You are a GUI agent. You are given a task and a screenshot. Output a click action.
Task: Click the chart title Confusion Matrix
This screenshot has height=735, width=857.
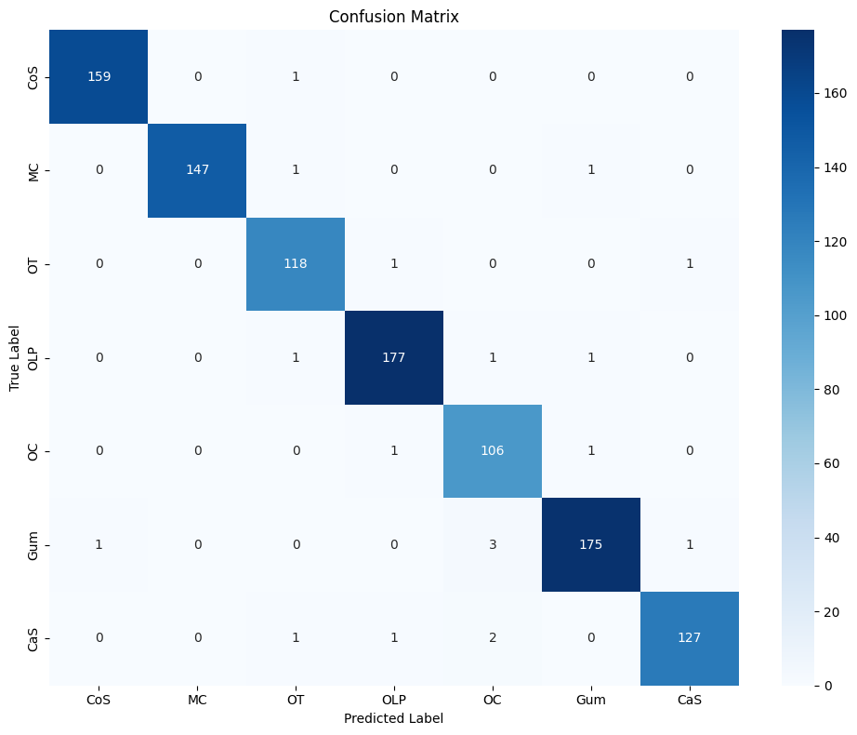click(394, 17)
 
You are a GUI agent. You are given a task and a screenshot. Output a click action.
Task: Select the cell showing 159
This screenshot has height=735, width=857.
click(99, 76)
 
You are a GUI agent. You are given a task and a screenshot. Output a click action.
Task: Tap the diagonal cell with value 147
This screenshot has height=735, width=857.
click(197, 170)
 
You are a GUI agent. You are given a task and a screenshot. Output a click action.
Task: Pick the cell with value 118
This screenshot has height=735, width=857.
click(296, 263)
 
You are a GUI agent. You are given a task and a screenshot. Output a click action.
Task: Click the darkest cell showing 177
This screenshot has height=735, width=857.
click(394, 357)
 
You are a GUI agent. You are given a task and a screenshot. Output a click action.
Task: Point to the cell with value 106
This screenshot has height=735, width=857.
click(493, 450)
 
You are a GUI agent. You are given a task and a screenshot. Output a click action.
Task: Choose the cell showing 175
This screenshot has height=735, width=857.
click(591, 544)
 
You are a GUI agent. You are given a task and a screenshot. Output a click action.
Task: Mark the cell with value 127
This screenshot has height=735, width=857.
click(690, 638)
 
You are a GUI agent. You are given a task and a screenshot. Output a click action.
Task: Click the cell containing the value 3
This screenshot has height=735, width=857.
click(493, 544)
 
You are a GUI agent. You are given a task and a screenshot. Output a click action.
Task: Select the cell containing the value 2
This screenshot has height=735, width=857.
click(493, 638)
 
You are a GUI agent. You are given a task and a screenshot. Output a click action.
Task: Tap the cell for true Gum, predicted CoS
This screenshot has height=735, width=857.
click(99, 544)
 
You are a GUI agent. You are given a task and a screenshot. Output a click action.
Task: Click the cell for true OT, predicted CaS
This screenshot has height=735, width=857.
click(690, 263)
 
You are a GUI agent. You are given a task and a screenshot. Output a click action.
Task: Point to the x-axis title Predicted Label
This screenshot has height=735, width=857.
click(394, 718)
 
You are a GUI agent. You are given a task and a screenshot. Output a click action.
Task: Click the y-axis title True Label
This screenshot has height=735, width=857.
click(16, 357)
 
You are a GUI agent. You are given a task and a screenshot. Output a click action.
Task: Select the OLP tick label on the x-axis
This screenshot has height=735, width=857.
click(394, 700)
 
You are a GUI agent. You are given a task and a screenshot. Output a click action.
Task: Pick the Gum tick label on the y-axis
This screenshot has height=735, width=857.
click(33, 544)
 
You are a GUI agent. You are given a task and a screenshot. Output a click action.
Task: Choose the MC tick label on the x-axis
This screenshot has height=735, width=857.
click(197, 700)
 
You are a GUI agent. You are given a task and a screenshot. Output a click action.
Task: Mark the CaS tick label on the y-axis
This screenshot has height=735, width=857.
click(33, 638)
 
